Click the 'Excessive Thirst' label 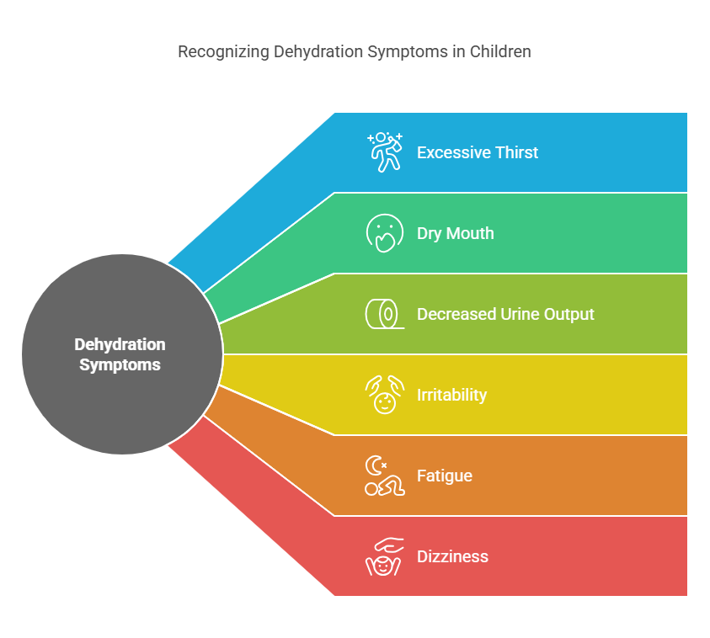pyautogui.click(x=478, y=152)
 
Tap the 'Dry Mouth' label pyautogui.click(x=455, y=233)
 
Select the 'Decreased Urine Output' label pyautogui.click(x=505, y=314)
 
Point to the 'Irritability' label pyautogui.click(x=451, y=395)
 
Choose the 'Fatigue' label pyautogui.click(x=444, y=476)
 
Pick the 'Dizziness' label pyautogui.click(x=452, y=556)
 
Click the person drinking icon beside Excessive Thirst pyautogui.click(x=385, y=152)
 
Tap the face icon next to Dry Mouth pyautogui.click(x=385, y=233)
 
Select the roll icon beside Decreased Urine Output pyautogui.click(x=385, y=314)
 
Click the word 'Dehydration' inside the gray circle pyautogui.click(x=120, y=344)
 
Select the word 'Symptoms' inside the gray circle pyautogui.click(x=120, y=364)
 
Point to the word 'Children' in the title pyautogui.click(x=500, y=51)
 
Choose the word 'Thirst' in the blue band pyautogui.click(x=516, y=152)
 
